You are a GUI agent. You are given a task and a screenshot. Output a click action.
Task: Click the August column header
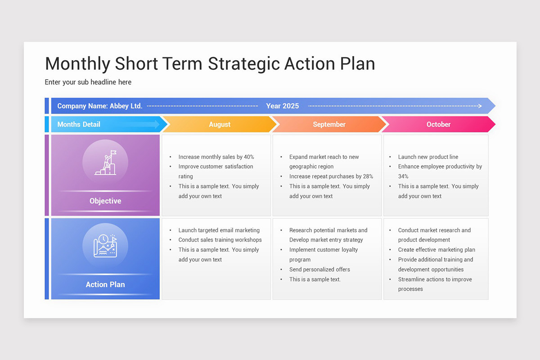click(x=220, y=124)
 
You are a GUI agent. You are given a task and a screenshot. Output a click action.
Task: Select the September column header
click(x=329, y=124)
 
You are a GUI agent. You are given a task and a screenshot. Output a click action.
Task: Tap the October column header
click(x=438, y=124)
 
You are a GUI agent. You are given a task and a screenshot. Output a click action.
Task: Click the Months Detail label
click(x=79, y=124)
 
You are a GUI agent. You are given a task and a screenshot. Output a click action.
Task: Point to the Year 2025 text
click(x=282, y=106)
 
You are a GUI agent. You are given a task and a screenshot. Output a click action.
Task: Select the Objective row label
click(x=105, y=201)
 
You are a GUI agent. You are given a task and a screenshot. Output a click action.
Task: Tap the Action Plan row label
click(x=105, y=284)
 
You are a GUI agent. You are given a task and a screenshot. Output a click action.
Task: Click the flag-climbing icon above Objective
click(x=105, y=162)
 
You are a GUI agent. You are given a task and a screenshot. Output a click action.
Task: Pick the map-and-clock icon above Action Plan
click(x=105, y=246)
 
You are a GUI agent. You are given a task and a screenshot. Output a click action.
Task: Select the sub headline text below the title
click(x=88, y=82)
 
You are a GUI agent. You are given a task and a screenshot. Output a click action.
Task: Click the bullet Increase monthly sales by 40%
click(x=216, y=157)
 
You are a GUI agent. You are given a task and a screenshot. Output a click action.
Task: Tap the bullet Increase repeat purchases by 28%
click(x=331, y=176)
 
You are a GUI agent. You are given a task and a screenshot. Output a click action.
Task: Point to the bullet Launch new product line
click(x=428, y=157)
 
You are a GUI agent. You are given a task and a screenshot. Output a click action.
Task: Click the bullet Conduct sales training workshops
click(x=220, y=240)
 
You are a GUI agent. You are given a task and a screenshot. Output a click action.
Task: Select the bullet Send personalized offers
click(x=319, y=270)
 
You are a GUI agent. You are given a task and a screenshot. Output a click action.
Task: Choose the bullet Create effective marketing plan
click(x=436, y=250)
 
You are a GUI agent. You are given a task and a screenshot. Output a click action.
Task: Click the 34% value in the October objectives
click(x=403, y=176)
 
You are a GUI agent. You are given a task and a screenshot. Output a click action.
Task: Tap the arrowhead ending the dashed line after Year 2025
click(x=480, y=106)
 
